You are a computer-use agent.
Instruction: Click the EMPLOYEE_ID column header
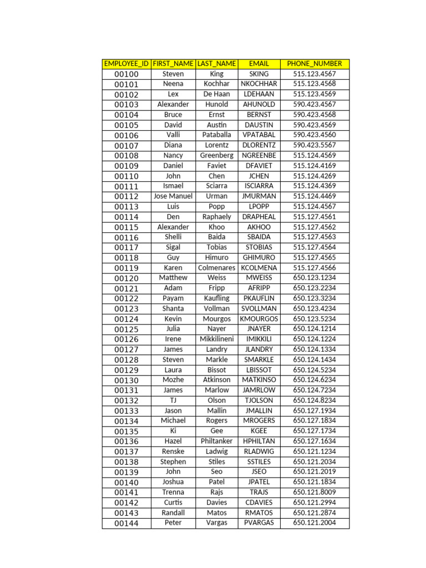click(x=126, y=64)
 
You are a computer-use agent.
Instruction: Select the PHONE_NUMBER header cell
click(x=315, y=64)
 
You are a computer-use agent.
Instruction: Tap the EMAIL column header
click(x=259, y=64)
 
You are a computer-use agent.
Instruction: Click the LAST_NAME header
click(x=217, y=64)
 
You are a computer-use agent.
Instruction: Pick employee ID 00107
click(x=126, y=146)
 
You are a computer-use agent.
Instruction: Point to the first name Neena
click(x=173, y=84)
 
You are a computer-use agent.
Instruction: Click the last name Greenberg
click(x=217, y=156)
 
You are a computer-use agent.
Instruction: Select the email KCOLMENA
click(x=259, y=268)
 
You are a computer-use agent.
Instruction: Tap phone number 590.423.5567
click(x=315, y=145)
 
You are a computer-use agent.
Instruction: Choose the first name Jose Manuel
click(x=173, y=196)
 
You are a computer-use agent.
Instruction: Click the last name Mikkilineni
click(x=217, y=339)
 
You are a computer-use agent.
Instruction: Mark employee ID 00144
click(x=126, y=524)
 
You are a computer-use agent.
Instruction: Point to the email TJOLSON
click(x=259, y=400)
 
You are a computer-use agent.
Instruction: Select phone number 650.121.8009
click(x=315, y=492)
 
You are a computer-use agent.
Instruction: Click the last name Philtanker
click(x=217, y=441)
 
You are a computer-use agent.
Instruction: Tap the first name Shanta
click(x=173, y=308)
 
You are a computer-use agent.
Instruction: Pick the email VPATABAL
click(x=259, y=135)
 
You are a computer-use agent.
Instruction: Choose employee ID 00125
click(x=126, y=329)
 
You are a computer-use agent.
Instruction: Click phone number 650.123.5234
click(x=315, y=319)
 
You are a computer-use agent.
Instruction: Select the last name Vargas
click(x=217, y=523)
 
